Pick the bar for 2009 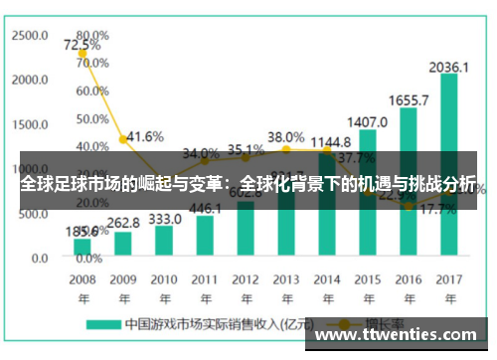tap(123, 244)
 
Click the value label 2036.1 tap(449, 67)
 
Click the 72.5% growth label tap(82, 45)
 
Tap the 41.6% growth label tap(145, 136)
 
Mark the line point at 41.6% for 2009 tap(123, 139)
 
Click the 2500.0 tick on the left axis tap(30, 35)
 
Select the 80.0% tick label tap(91, 35)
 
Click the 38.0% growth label tap(286, 136)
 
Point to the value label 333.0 tap(164, 218)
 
